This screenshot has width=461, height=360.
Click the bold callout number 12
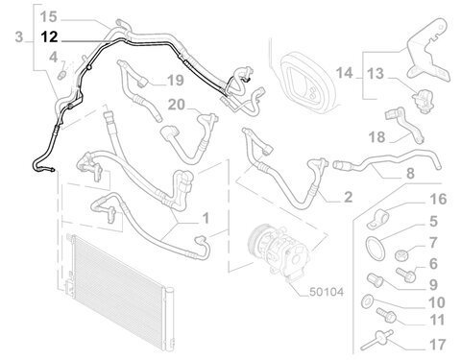click(49, 37)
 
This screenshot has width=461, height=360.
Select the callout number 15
click(49, 16)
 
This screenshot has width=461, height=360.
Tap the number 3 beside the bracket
click(19, 37)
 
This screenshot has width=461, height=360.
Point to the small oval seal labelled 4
click(61, 76)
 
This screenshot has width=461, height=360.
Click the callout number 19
click(176, 81)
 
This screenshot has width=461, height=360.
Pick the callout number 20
click(177, 105)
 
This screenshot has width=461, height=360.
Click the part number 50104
click(327, 292)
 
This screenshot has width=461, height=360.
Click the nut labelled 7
click(400, 254)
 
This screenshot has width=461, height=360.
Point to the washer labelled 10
click(367, 301)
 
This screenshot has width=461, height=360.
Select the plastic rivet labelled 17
click(377, 340)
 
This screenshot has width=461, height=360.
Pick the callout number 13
click(376, 74)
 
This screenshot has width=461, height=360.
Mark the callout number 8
click(410, 174)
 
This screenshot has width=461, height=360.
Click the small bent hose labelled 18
click(404, 126)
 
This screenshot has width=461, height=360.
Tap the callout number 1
click(206, 218)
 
